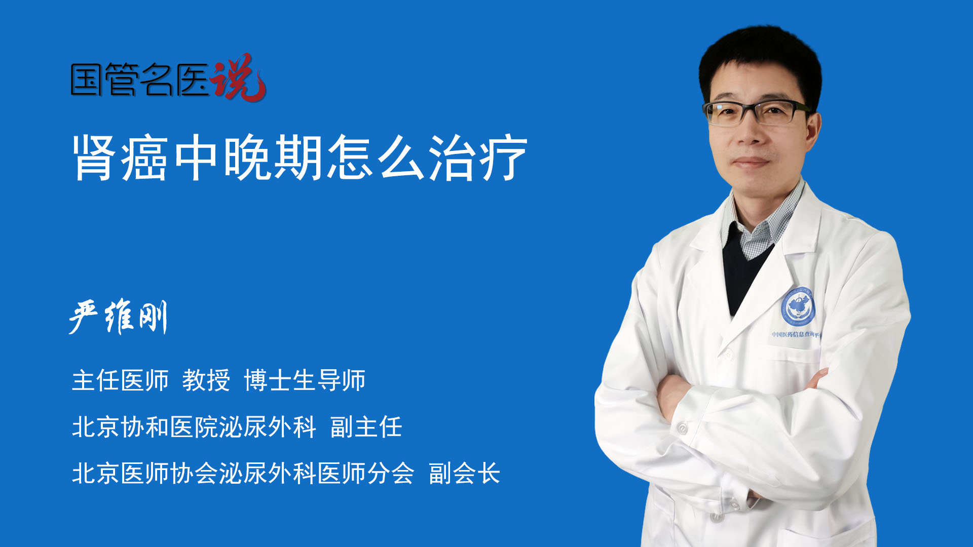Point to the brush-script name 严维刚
coord(118,317)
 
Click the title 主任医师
coord(120,380)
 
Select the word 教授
coord(206,380)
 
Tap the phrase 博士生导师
coord(305,380)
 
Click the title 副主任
coord(366,427)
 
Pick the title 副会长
coord(464,474)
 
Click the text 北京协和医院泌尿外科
coord(194,427)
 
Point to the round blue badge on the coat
coord(798,306)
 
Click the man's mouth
coord(751,162)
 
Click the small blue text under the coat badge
coord(796,334)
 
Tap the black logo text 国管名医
coord(139,80)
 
